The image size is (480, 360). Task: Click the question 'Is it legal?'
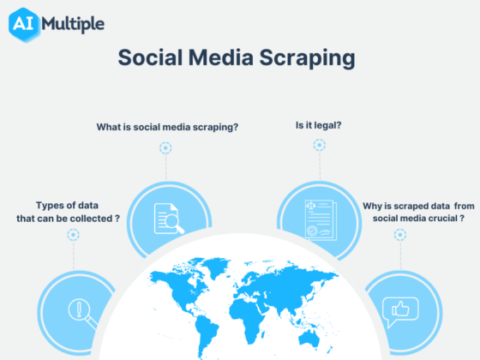coord(319,126)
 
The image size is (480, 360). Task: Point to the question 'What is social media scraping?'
coord(167,127)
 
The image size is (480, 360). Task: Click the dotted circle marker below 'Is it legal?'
coord(319,145)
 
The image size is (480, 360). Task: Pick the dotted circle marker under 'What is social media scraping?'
coord(165,147)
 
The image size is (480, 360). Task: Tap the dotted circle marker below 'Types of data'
coord(74,234)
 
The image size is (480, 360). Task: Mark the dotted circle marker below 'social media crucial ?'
coord(399,234)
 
